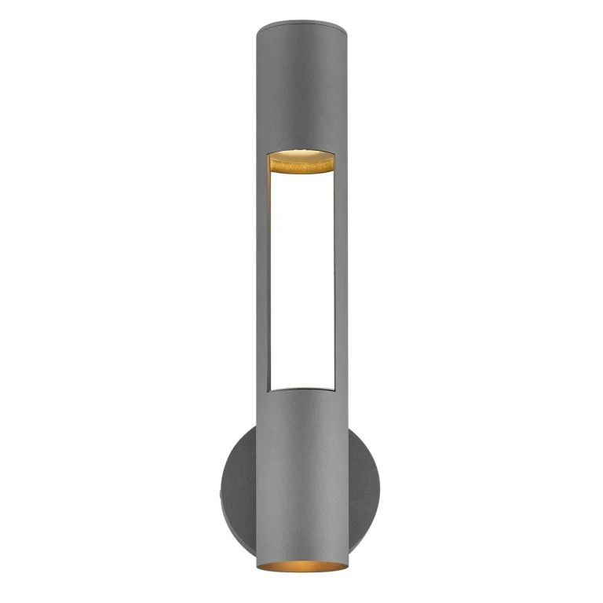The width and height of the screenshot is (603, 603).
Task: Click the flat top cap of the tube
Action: tap(301, 24)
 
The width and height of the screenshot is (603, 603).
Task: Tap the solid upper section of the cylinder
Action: tap(301, 86)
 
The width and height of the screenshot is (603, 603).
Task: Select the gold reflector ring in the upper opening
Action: tap(301, 163)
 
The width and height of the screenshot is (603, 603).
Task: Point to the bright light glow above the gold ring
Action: tap(301, 151)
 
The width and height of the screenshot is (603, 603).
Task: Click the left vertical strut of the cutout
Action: tap(261, 275)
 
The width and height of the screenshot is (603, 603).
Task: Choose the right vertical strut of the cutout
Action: tap(341, 275)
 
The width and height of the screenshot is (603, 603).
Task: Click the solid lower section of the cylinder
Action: tap(301, 471)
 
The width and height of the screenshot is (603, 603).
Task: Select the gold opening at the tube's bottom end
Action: tap(301, 565)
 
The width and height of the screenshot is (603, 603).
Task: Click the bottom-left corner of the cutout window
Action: tap(269, 389)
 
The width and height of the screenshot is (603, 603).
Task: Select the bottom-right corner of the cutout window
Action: tap(334, 389)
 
